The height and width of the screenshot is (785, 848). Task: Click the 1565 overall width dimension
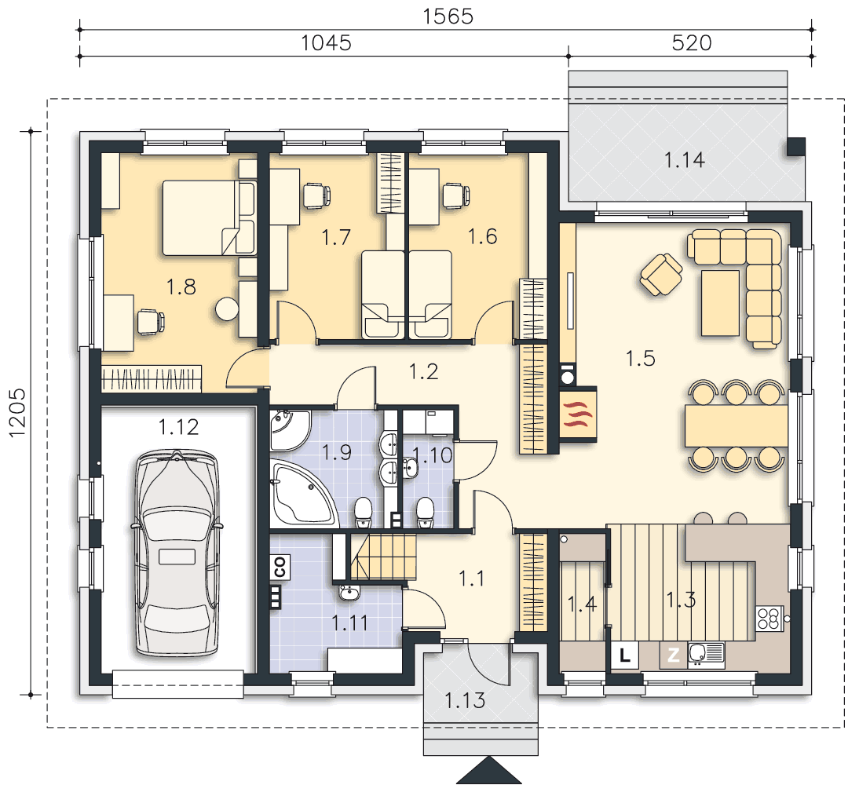pyautogui.click(x=448, y=16)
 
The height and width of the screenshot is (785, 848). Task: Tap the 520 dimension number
pyautogui.click(x=692, y=42)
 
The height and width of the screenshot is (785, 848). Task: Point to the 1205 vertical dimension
pyautogui.click(x=16, y=412)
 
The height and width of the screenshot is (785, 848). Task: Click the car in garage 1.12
pyautogui.click(x=177, y=553)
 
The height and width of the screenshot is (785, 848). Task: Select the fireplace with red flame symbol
pyautogui.click(x=578, y=414)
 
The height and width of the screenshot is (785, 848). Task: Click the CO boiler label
pyautogui.click(x=280, y=567)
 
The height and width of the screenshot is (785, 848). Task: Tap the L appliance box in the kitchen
pyautogui.click(x=625, y=655)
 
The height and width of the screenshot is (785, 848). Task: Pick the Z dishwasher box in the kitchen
pyautogui.click(x=673, y=655)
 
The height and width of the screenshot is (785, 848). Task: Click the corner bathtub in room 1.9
pyautogui.click(x=303, y=494)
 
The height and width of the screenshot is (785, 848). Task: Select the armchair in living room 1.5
pyautogui.click(x=661, y=275)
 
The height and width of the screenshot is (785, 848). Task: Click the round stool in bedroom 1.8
pyautogui.click(x=227, y=309)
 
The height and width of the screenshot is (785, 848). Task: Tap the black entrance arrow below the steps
pyautogui.click(x=489, y=770)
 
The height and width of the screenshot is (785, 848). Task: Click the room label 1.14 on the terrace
pyautogui.click(x=684, y=160)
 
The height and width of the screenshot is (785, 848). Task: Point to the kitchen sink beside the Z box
pyautogui.click(x=707, y=654)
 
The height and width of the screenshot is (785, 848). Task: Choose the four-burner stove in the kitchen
pyautogui.click(x=769, y=619)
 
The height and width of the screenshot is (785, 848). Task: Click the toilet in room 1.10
pyautogui.click(x=425, y=512)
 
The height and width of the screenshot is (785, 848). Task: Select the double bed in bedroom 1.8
pyautogui.click(x=209, y=217)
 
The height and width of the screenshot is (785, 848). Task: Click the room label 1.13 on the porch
pyautogui.click(x=465, y=701)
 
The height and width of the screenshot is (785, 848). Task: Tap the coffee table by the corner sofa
pyautogui.click(x=720, y=303)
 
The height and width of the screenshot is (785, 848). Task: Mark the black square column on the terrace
pyautogui.click(x=796, y=147)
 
